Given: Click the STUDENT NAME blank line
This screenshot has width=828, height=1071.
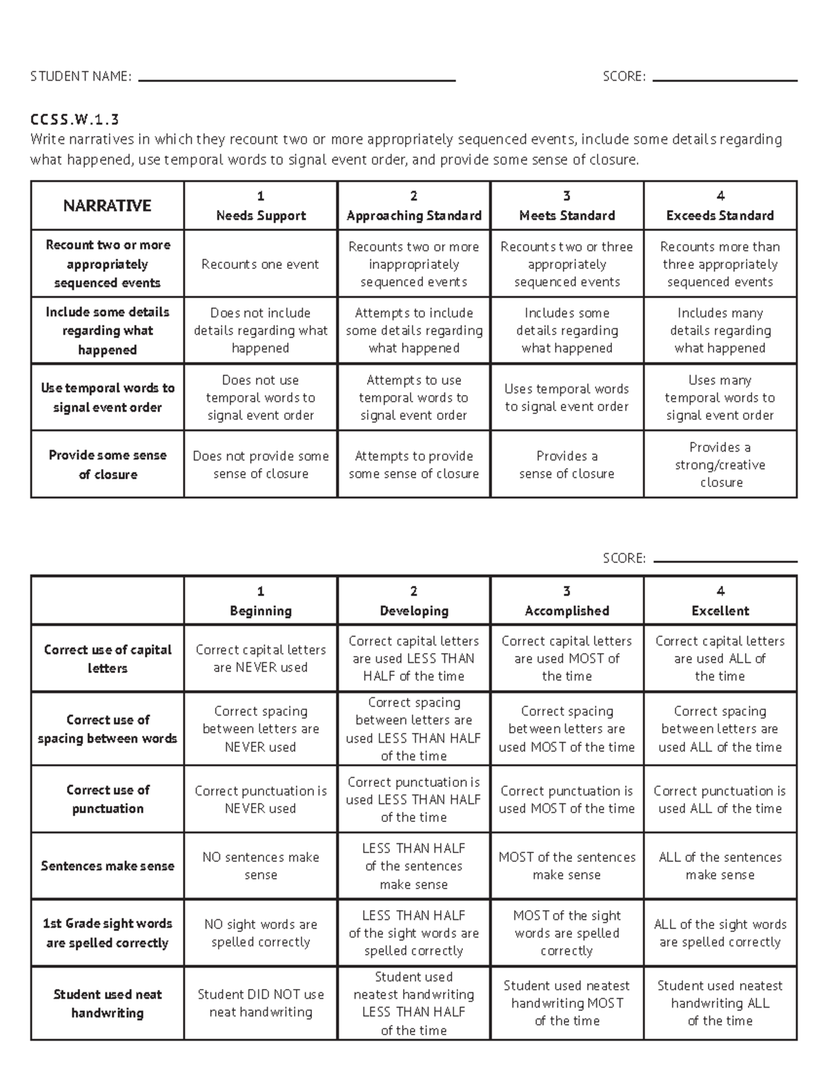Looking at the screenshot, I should [x=297, y=80].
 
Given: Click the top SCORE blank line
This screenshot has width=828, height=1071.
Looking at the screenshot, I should [x=724, y=80].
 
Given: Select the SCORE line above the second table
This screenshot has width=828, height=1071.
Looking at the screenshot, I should [x=724, y=561].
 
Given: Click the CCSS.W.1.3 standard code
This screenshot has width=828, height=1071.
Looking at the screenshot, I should [x=75, y=119].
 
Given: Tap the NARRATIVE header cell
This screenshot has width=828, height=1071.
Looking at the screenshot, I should [x=107, y=206].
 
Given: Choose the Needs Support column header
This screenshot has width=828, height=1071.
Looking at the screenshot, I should [x=260, y=206].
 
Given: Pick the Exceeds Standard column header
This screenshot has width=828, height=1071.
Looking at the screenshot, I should [x=720, y=206].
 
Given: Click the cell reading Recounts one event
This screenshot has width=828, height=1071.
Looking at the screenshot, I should [x=260, y=264].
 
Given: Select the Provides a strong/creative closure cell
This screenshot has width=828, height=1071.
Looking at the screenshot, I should [x=720, y=464].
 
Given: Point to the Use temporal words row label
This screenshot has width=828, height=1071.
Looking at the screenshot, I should [x=107, y=397].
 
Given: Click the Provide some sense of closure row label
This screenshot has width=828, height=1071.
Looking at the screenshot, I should [x=107, y=464].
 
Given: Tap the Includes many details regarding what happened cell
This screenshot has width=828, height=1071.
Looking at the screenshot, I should [x=720, y=330].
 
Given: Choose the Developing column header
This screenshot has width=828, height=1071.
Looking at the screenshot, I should [x=413, y=601].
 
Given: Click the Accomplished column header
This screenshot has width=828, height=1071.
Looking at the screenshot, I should [x=566, y=601].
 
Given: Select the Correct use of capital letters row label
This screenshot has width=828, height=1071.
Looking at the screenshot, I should [x=107, y=659].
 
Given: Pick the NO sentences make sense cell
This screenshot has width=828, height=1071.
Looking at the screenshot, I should [x=260, y=865].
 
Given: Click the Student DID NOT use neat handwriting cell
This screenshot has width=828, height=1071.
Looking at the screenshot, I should [x=260, y=1003].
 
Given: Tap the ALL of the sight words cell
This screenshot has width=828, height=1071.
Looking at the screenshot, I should [x=720, y=932].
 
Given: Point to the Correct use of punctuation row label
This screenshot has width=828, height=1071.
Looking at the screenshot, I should [x=107, y=799].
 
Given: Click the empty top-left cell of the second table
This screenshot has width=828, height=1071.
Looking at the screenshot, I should [x=107, y=601].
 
